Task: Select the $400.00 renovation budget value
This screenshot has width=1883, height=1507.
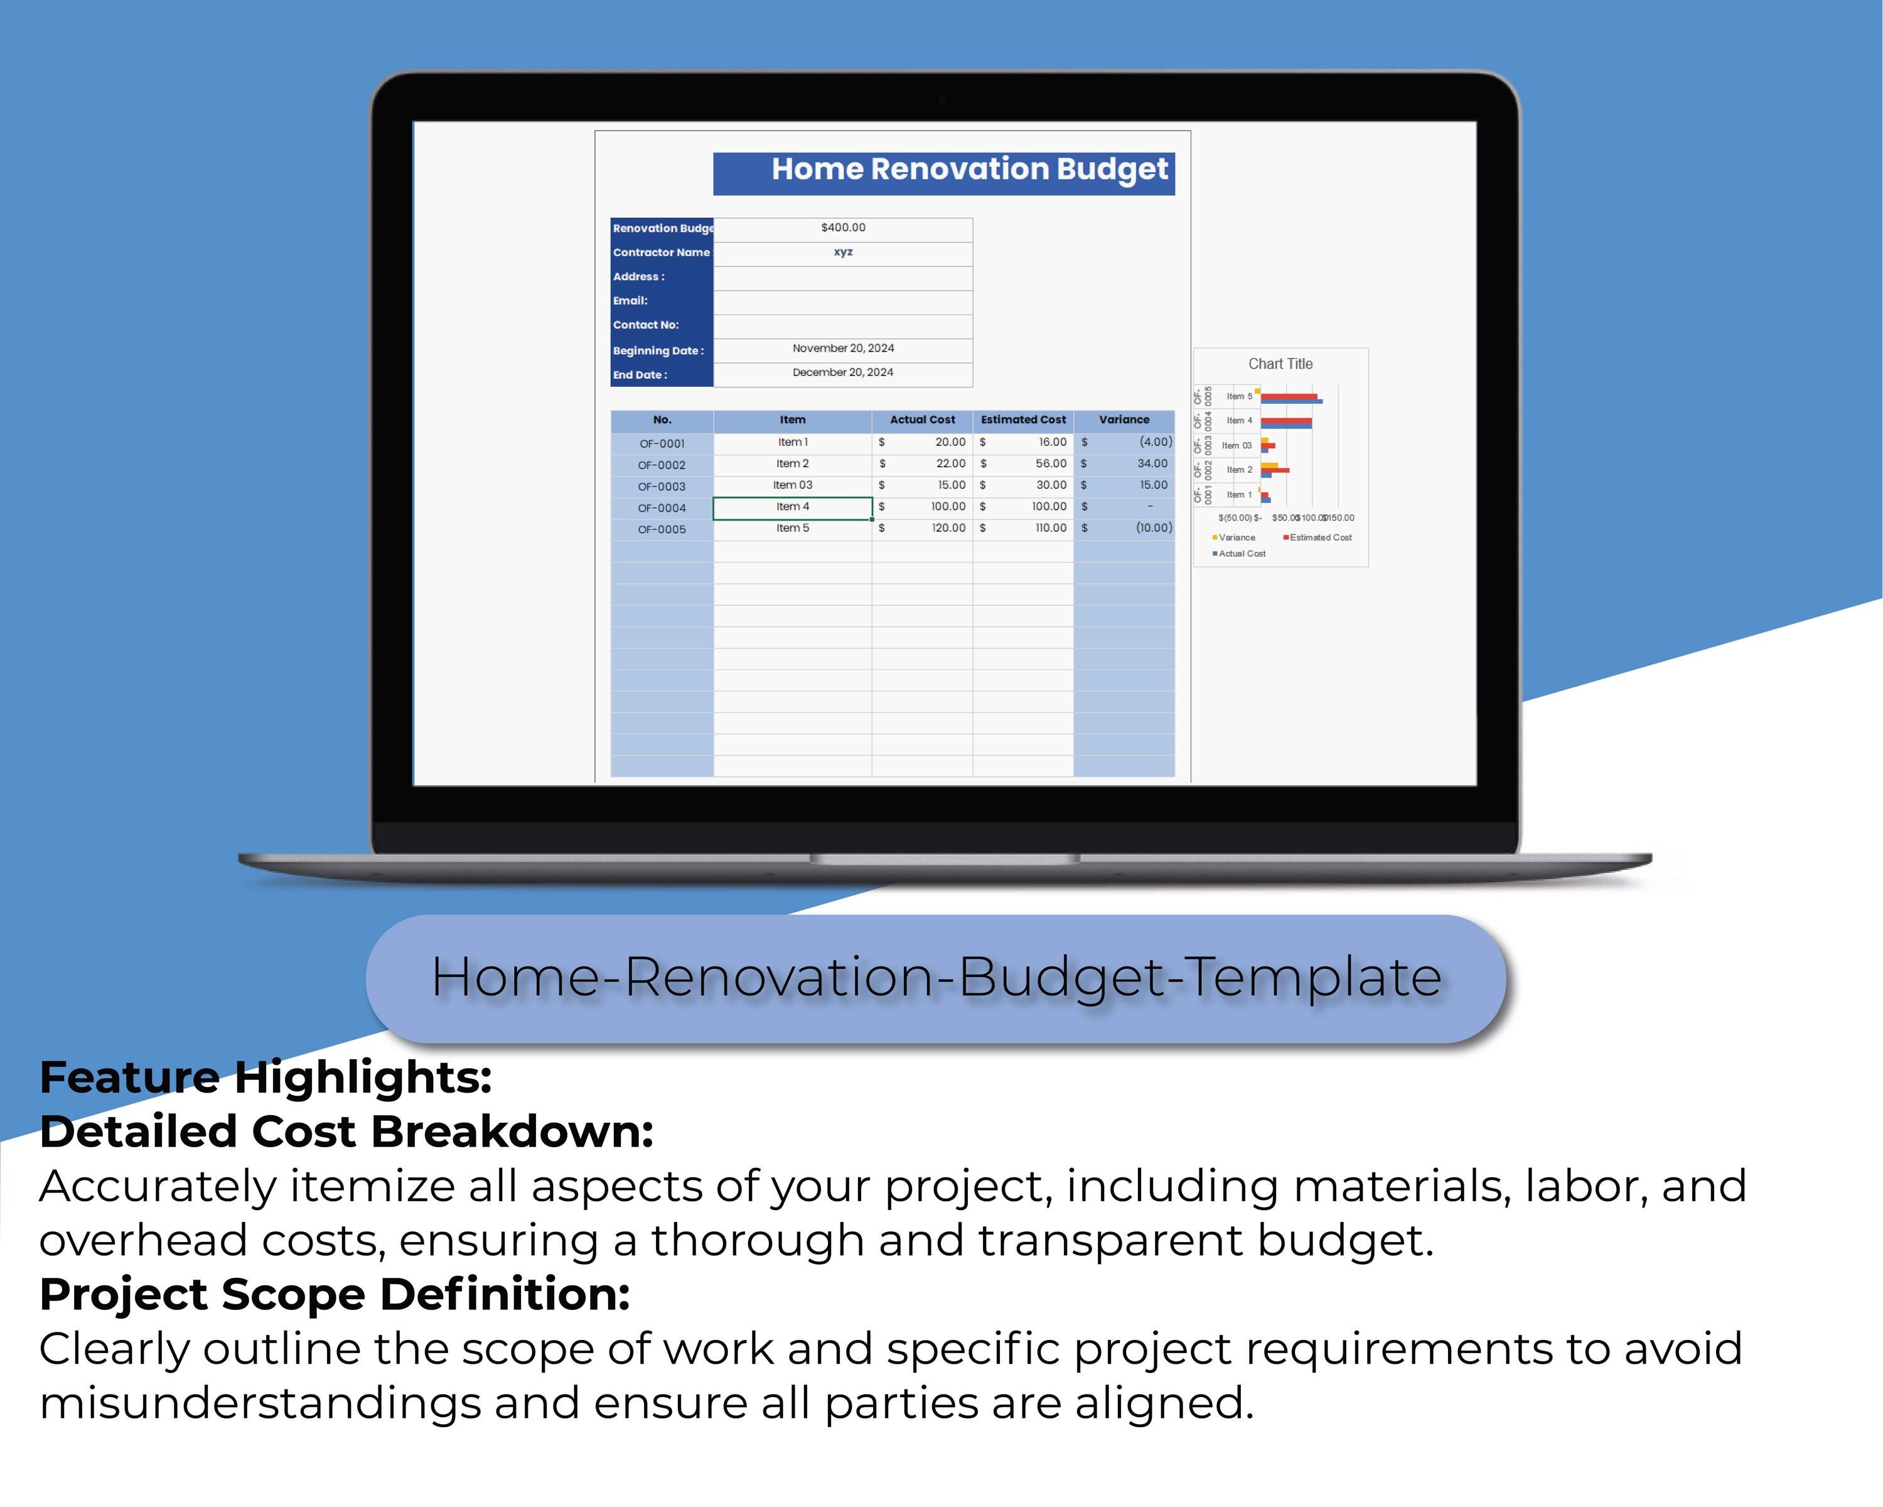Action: tap(843, 228)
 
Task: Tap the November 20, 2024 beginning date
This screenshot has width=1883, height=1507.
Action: tap(843, 348)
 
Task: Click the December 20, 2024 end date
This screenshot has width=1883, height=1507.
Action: tap(843, 373)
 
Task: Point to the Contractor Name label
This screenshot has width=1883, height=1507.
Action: tap(661, 252)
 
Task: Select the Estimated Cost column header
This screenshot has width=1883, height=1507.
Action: tap(1022, 420)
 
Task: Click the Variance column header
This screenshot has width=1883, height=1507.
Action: tap(1124, 420)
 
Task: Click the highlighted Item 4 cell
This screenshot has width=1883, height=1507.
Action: tap(792, 507)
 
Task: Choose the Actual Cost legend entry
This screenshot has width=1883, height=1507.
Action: tap(1241, 554)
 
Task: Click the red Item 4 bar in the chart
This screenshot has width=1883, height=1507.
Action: tap(1285, 421)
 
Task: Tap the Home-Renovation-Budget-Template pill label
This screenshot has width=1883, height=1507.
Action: tap(936, 978)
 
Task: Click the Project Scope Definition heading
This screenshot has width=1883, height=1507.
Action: tap(335, 1295)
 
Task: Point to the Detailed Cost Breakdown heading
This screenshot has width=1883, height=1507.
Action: tap(346, 1132)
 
